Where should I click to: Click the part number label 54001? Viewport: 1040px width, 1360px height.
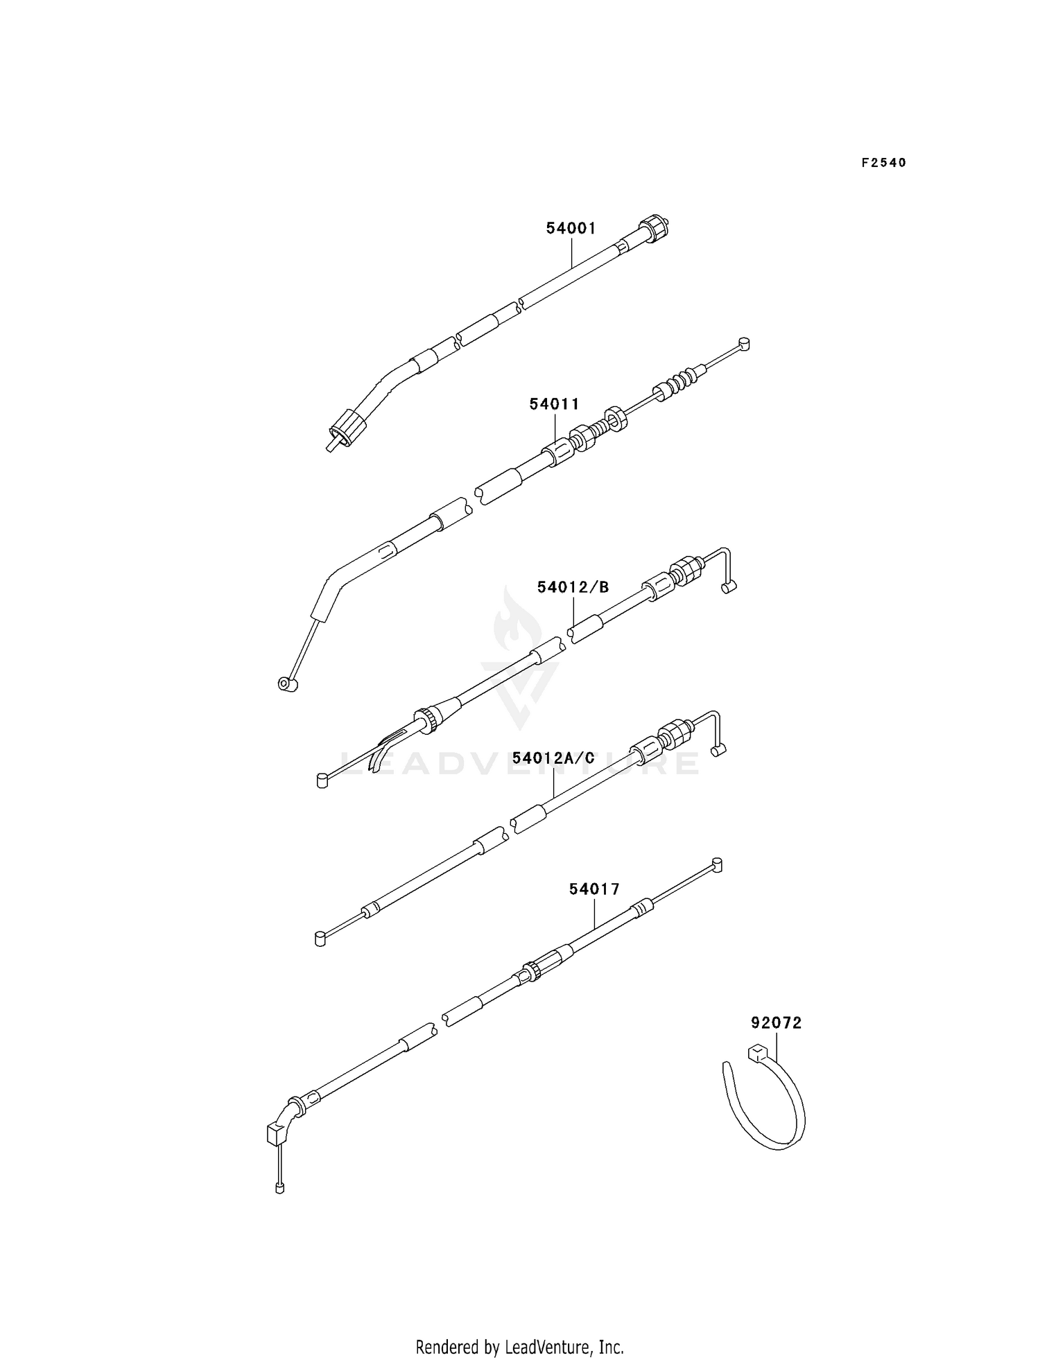tap(571, 228)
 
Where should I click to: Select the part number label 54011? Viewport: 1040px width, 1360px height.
tap(554, 403)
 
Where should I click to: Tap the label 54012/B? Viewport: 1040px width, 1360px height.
tap(573, 587)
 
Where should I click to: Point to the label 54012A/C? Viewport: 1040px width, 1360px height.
tap(553, 758)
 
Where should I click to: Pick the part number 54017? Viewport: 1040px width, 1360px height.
tap(594, 889)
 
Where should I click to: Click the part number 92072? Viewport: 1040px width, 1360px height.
tap(776, 1022)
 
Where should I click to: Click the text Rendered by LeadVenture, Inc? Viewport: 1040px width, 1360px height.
tap(519, 1327)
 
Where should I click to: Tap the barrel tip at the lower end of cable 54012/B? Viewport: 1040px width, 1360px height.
tap(322, 781)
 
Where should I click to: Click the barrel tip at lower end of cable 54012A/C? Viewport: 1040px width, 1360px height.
tap(320, 939)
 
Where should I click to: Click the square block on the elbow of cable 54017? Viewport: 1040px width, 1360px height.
tap(277, 1134)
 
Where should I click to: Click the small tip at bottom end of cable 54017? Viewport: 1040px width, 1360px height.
tap(279, 1189)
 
